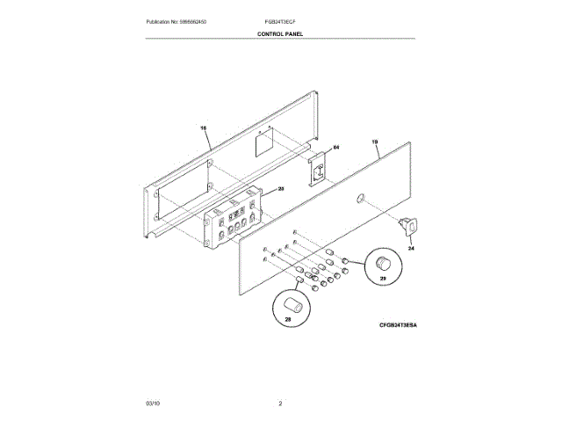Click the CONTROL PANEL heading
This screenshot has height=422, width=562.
pos(280,34)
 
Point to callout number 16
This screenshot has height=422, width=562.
pos(204,128)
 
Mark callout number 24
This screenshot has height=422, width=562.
pos(410,248)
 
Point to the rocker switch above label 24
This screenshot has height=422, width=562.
pos(406,226)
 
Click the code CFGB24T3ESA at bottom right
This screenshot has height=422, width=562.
pos(398,325)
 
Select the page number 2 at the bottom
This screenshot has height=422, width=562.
pos(280,403)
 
